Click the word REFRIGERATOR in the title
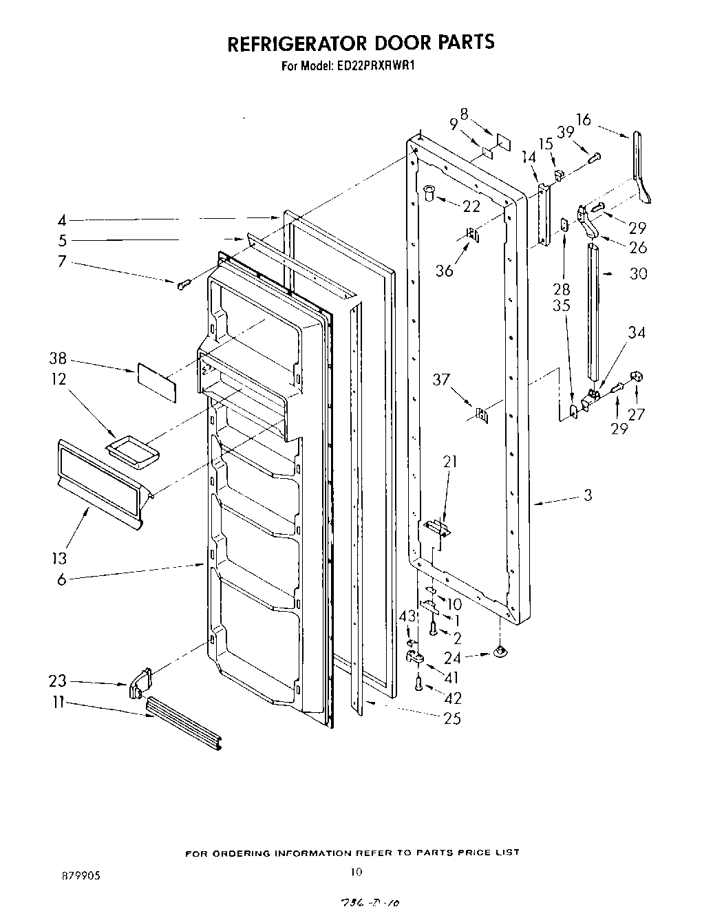coord(297,43)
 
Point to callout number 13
coord(61,557)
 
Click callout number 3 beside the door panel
coord(587,494)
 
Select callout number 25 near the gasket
coord(453,719)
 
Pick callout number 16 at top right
coord(583,120)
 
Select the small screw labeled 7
coord(182,284)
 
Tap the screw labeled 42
coord(419,683)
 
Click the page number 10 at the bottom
coord(356,873)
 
